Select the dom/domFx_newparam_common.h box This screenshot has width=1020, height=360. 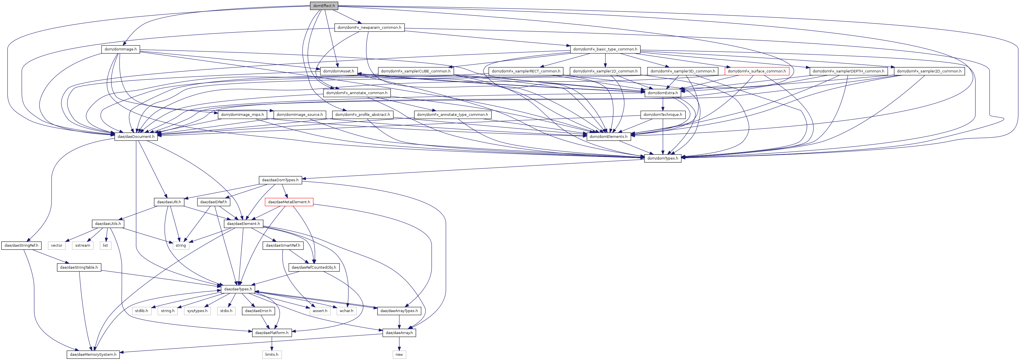point(369,28)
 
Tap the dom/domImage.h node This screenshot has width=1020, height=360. point(120,50)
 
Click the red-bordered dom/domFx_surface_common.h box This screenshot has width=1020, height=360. point(757,71)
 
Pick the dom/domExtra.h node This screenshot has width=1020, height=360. point(662,93)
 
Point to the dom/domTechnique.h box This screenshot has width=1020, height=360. point(662,115)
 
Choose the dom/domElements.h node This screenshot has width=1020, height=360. point(608,137)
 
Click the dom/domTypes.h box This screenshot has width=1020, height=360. point(662,158)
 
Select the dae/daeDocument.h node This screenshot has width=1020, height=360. point(136,137)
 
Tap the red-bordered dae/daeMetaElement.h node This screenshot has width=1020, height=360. point(289,202)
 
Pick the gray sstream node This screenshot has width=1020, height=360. point(83,246)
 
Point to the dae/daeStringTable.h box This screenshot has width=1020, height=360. point(79,267)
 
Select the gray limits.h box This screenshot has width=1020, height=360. point(272,354)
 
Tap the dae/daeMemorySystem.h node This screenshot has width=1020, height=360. point(93,354)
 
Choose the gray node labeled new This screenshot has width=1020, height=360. point(399,354)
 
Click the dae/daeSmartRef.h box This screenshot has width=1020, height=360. point(283,246)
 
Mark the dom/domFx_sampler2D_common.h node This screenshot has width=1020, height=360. point(929,71)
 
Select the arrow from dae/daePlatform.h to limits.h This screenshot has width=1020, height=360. point(272,343)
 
